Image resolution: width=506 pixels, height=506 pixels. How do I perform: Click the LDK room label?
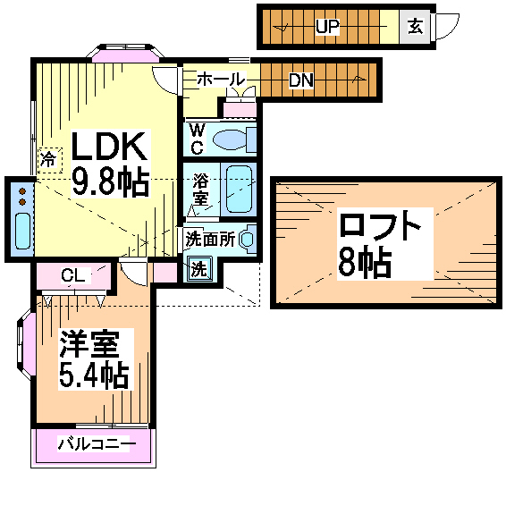[109, 147]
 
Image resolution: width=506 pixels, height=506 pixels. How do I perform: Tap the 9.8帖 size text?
[110, 182]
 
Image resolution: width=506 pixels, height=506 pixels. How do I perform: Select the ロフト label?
[379, 226]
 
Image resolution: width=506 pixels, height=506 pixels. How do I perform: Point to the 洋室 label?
[89, 344]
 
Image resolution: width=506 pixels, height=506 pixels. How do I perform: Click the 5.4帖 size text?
[94, 375]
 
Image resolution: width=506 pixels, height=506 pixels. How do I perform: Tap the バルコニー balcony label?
[97, 443]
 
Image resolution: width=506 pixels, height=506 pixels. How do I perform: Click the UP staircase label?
[327, 27]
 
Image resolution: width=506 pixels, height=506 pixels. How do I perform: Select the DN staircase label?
[301, 80]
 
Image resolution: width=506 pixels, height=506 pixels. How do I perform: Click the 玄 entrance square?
[415, 27]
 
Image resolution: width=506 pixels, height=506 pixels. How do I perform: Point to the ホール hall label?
[221, 79]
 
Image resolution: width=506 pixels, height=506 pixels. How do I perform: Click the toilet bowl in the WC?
[234, 139]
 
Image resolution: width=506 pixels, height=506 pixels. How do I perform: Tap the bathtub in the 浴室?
[239, 190]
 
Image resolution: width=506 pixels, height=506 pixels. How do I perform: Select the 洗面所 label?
[210, 239]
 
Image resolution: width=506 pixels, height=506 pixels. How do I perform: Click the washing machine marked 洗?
[199, 268]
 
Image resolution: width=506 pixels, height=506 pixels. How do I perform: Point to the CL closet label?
[73, 275]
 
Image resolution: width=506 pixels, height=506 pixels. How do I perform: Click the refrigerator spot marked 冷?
[49, 160]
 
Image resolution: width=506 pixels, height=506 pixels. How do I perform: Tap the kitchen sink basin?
[22, 231]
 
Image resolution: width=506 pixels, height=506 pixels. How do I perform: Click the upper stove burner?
[22, 191]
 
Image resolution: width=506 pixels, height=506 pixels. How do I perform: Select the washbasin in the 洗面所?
[248, 239]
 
